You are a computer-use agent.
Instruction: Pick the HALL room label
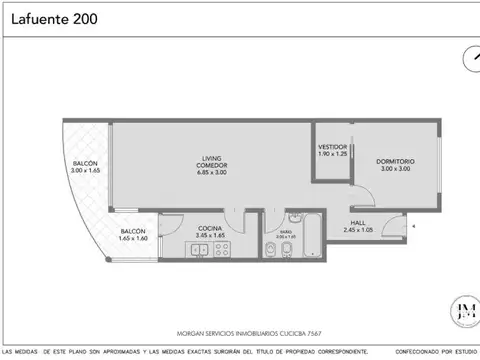click(357, 222)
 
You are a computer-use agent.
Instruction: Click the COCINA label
click(209, 228)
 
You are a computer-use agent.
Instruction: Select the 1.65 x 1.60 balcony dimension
click(133, 238)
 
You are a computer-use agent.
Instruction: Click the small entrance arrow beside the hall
click(413, 227)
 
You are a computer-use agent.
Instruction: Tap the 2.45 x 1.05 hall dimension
click(357, 231)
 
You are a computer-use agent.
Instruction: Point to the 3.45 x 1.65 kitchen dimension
click(209, 236)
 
